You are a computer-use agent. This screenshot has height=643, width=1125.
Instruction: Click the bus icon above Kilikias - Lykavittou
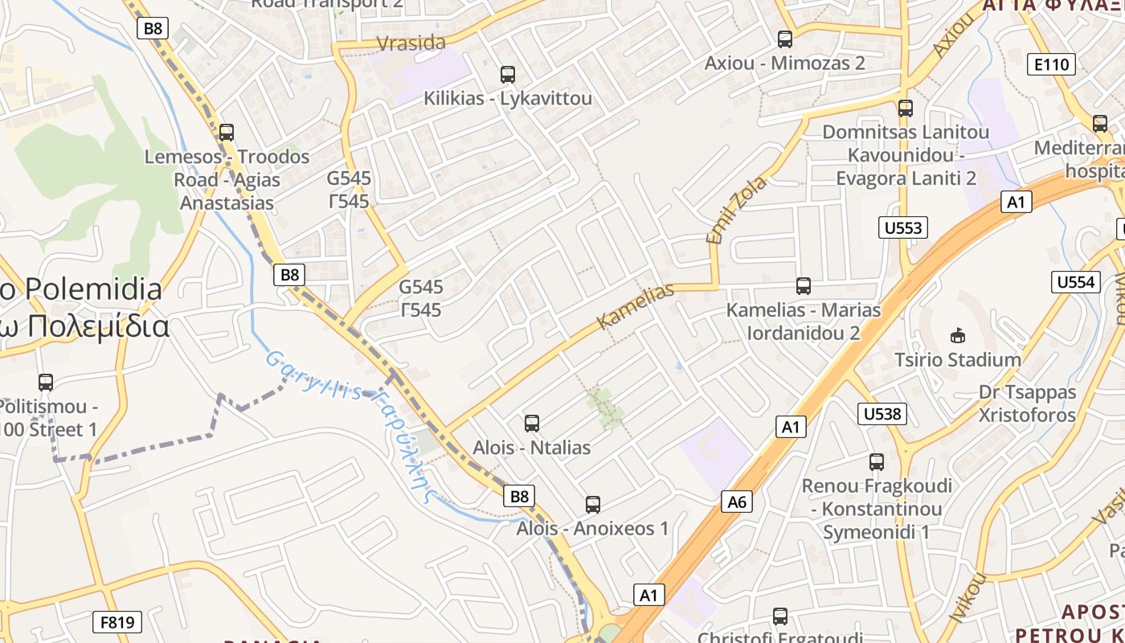[x=507, y=75]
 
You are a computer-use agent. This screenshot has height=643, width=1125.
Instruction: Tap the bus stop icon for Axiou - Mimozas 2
[x=784, y=39]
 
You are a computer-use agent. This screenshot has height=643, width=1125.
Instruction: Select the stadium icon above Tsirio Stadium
[x=957, y=335]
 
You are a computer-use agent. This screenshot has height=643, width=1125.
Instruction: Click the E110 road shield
[x=1052, y=64]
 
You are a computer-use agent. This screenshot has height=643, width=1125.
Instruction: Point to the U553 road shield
[x=902, y=228]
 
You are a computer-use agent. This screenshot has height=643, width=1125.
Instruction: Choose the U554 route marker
[x=1075, y=282]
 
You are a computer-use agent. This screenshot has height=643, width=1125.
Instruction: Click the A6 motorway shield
[x=737, y=502]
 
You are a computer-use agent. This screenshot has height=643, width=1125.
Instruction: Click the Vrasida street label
[x=411, y=43]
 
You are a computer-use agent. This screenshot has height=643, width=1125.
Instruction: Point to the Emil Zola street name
[x=736, y=210]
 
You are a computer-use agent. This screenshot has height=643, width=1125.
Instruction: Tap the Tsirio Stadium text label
[x=958, y=359]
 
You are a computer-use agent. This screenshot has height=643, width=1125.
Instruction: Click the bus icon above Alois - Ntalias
[x=531, y=424]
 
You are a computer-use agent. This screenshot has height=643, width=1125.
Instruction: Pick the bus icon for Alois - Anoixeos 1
[x=592, y=505]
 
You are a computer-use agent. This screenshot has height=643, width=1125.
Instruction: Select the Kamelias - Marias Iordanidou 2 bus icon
[x=803, y=286]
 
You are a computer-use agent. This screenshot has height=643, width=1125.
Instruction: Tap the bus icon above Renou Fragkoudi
[x=876, y=462]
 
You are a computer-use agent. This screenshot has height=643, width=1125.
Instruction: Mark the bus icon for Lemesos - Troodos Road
[x=227, y=133]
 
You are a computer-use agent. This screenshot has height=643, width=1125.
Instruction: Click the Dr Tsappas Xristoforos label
[x=1027, y=403]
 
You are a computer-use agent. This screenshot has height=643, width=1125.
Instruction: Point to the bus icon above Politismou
[x=46, y=383]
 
